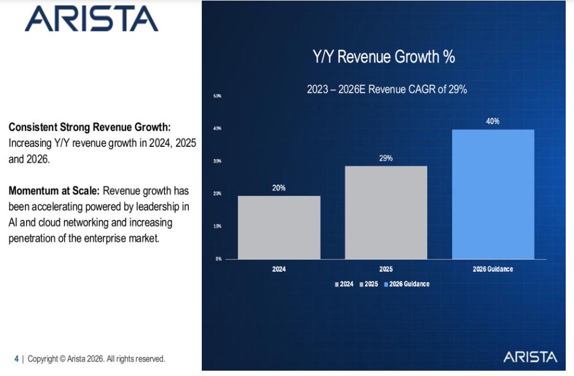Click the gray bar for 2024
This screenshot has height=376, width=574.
tap(279, 227)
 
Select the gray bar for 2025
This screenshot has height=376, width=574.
tap(386, 213)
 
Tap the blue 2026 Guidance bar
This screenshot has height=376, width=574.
tap(493, 194)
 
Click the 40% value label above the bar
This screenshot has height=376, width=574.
tap(493, 121)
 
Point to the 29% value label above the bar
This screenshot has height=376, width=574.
tap(386, 158)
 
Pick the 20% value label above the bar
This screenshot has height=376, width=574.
tap(279, 188)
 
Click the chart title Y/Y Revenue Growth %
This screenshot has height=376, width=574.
tap(383, 57)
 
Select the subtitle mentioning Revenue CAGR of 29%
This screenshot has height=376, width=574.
tap(387, 89)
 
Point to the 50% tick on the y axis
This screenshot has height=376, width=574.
tap(217, 96)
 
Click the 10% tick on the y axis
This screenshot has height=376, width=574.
tap(217, 226)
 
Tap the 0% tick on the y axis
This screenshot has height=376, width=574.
tap(218, 259)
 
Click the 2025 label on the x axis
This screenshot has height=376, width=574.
tap(386, 269)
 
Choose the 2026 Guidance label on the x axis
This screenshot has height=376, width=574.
tap(493, 269)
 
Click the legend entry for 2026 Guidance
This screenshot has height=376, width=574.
tap(407, 284)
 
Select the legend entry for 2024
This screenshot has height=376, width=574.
tap(344, 284)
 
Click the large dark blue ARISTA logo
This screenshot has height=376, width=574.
tap(92, 19)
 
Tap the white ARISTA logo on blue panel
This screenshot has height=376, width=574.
tap(530, 357)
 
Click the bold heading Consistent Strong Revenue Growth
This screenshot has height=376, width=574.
tap(90, 127)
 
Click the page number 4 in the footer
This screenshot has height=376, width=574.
tap(17, 359)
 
